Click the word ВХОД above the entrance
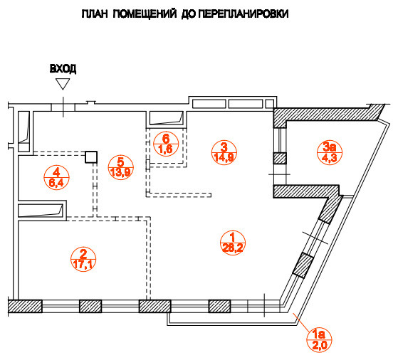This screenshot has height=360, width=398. [x=63, y=69]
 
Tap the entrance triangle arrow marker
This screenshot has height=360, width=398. [x=63, y=84]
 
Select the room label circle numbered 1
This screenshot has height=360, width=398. [x=229, y=242]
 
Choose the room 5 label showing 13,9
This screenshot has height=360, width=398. [x=120, y=166]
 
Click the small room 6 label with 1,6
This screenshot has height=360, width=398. [x=165, y=144]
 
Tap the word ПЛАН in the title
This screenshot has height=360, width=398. [x=95, y=14]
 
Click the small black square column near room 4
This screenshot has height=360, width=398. [x=90, y=157]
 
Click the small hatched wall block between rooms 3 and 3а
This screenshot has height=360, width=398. [x=280, y=159]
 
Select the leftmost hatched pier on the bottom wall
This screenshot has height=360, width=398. [x=25, y=307]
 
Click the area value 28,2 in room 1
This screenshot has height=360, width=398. [x=229, y=248]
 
